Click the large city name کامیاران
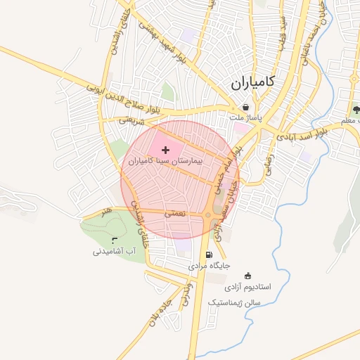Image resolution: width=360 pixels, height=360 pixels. (253, 83)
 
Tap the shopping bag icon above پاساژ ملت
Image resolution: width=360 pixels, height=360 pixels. (244, 107)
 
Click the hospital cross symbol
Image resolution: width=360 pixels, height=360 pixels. (165, 150)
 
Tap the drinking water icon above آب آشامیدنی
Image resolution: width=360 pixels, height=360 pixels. (114, 240)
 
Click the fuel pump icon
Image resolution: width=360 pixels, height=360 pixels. (208, 255)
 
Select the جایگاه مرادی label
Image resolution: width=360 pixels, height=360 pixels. (209, 266)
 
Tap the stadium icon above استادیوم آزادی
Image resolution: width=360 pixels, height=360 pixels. (247, 276)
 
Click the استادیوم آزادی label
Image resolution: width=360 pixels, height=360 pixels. (247, 288)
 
